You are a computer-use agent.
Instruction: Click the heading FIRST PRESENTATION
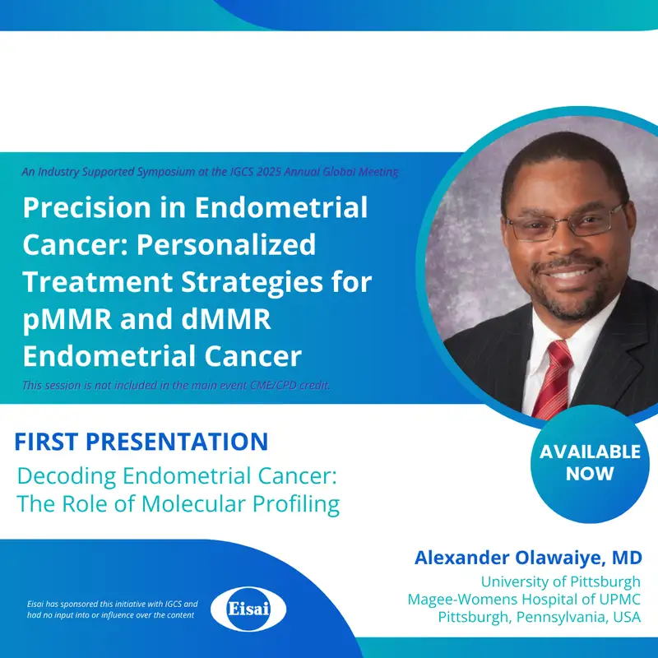tap(141, 442)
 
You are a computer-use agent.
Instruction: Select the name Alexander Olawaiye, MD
tap(527, 558)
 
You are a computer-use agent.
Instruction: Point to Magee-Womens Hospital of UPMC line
tap(524, 600)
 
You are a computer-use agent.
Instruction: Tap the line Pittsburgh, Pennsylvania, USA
tap(539, 617)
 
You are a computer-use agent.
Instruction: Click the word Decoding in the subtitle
tap(66, 476)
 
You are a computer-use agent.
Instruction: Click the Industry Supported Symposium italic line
tap(211, 172)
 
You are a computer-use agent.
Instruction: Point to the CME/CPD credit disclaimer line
tap(177, 385)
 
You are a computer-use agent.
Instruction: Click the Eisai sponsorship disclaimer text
tap(112, 609)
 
